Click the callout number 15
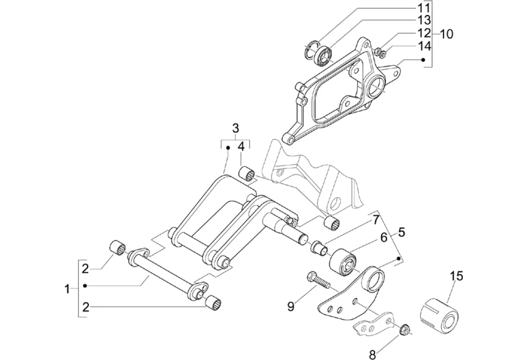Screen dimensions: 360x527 click(456, 276)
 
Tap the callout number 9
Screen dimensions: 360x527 click(291, 307)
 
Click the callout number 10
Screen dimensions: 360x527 click(447, 34)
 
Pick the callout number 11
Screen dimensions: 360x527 click(424, 7)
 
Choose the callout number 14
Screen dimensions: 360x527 click(424, 45)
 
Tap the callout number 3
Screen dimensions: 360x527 click(235, 127)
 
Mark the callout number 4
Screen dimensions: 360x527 click(241, 146)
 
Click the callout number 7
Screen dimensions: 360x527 click(376, 219)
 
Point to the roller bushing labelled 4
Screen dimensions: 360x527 click(247, 173)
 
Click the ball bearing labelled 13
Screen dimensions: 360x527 click(324, 53)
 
